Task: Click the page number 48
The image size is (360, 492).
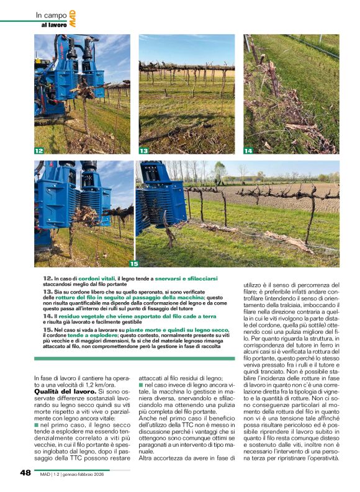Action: point(25,473)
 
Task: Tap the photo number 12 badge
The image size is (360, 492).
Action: point(39,151)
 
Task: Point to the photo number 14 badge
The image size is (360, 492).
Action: point(248,151)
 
